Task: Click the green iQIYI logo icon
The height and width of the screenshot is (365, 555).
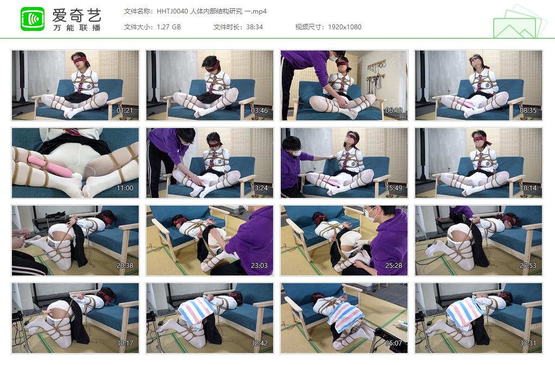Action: pyautogui.click(x=33, y=19)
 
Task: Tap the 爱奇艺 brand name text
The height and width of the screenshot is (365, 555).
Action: pyautogui.click(x=77, y=15)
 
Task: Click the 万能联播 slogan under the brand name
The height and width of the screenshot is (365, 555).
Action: pyautogui.click(x=77, y=28)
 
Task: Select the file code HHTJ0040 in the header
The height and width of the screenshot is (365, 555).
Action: pyautogui.click(x=172, y=11)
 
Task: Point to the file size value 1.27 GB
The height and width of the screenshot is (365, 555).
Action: pyautogui.click(x=169, y=27)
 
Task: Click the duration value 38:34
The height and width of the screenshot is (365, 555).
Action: pyautogui.click(x=254, y=27)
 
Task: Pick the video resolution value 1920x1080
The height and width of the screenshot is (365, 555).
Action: pyautogui.click(x=344, y=27)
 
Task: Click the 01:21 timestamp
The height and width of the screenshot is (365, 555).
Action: pyautogui.click(x=125, y=111)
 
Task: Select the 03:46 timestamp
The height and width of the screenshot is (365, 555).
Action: pyautogui.click(x=259, y=111)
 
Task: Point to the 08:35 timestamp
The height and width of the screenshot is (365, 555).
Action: pyautogui.click(x=528, y=111)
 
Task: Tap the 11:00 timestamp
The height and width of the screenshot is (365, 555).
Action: pyautogui.click(x=125, y=188)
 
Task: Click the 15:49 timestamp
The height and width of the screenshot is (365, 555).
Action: pyautogui.click(x=393, y=188)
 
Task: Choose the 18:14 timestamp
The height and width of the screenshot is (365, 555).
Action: pyautogui.click(x=528, y=188)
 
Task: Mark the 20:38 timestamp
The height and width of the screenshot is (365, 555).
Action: pyautogui.click(x=125, y=266)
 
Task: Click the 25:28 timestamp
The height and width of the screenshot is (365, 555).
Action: pyautogui.click(x=393, y=266)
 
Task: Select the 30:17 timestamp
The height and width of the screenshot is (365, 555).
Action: pyautogui.click(x=125, y=343)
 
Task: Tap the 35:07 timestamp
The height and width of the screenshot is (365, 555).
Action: pyautogui.click(x=393, y=343)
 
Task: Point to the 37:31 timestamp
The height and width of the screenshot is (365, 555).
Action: pyautogui.click(x=528, y=343)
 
